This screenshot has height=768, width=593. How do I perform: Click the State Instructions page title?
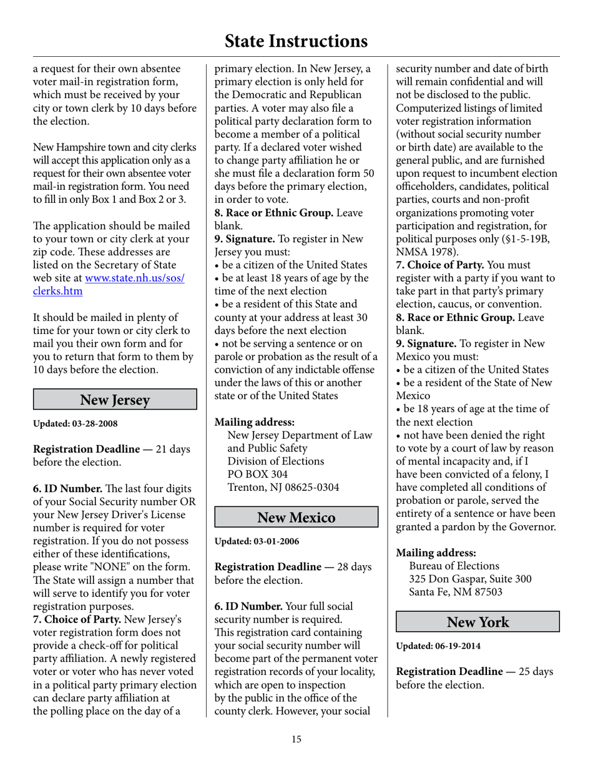[x=296, y=41]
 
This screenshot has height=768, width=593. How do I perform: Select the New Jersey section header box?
[x=115, y=400]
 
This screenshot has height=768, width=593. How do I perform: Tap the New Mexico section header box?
[x=296, y=518]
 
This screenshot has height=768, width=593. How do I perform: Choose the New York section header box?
[x=478, y=622]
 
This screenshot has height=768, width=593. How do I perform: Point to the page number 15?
[x=296, y=740]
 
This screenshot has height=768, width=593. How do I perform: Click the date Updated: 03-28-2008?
[x=75, y=423]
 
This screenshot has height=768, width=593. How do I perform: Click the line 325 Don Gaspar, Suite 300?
[x=470, y=579]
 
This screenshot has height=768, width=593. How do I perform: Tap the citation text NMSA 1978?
[x=426, y=252]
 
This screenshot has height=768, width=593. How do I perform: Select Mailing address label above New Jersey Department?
[x=255, y=422]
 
